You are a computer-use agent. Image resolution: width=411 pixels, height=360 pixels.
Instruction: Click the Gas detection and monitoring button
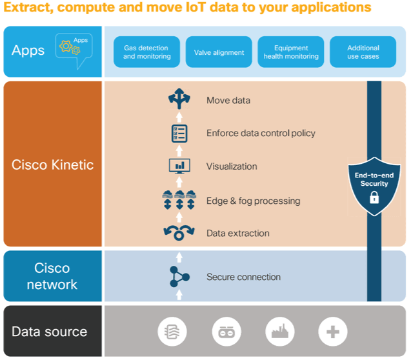[147, 52]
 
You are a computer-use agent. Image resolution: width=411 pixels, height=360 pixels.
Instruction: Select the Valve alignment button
[219, 52]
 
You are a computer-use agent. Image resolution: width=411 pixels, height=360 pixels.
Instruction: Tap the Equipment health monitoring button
[291, 52]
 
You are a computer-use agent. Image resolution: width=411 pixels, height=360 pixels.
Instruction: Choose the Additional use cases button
[363, 52]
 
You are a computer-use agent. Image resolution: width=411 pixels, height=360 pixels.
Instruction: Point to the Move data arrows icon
[179, 99]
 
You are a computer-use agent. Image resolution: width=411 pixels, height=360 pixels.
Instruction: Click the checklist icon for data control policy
[179, 134]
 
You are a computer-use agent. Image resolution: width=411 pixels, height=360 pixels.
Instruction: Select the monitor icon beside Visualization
[179, 166]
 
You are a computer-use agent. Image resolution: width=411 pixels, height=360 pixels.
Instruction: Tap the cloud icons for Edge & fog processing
[179, 200]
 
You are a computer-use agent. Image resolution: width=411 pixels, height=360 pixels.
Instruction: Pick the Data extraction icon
[179, 233]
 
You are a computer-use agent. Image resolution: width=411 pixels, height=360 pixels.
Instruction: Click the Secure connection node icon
[179, 277]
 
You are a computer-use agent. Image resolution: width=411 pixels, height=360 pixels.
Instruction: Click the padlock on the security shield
[374, 197]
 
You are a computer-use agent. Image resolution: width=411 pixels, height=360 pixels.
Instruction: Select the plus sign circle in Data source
[333, 332]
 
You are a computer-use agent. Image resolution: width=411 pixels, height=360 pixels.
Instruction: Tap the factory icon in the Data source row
[279, 332]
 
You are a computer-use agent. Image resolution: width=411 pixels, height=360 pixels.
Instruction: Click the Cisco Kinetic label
[52, 165]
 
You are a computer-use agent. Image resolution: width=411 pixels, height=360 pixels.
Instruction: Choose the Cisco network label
[52, 276]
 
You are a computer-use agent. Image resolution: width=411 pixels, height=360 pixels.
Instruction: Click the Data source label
[49, 332]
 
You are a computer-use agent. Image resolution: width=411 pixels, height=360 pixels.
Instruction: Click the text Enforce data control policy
[261, 134]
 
